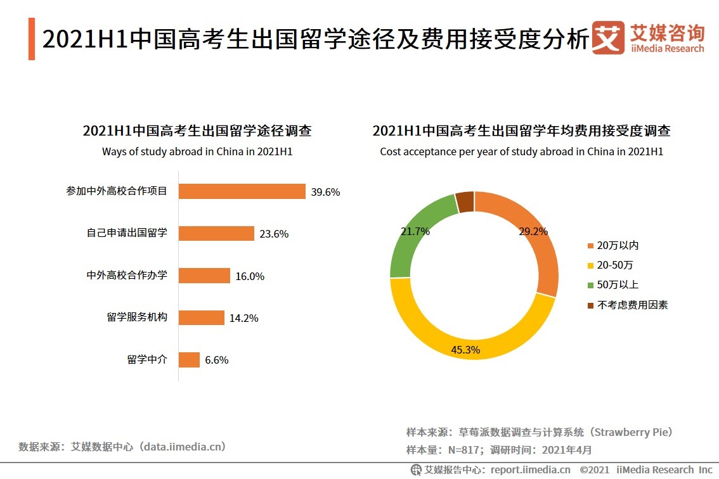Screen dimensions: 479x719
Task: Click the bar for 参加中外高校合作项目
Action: pyautogui.click(x=242, y=191)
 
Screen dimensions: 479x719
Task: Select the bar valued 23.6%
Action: pyautogui.click(x=216, y=233)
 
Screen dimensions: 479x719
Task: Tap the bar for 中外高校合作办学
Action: pyautogui.click(x=204, y=276)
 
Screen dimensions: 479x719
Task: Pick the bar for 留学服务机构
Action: pyautogui.click(x=202, y=318)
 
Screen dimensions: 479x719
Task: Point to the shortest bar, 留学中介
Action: pyautogui.click(x=189, y=360)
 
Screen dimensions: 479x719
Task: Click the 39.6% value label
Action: pyautogui.click(x=325, y=192)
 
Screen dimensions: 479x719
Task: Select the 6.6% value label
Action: pyautogui.click(x=216, y=361)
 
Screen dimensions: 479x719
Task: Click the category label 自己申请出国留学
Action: pyautogui.click(x=127, y=233)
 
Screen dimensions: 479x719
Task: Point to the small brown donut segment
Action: pyautogui.click(x=465, y=201)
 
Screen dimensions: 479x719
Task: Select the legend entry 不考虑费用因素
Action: pyautogui.click(x=627, y=305)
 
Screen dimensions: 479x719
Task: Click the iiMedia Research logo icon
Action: pyautogui.click(x=607, y=39)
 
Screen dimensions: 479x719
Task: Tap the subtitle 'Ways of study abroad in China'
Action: pyautogui.click(x=197, y=151)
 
